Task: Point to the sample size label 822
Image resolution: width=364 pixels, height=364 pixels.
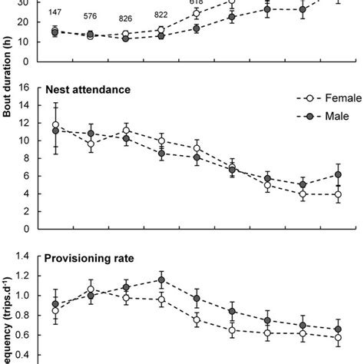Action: [161, 15]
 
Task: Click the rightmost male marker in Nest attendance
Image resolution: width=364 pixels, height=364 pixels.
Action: [338, 174]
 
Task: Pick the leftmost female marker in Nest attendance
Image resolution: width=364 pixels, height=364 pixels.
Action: [55, 124]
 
